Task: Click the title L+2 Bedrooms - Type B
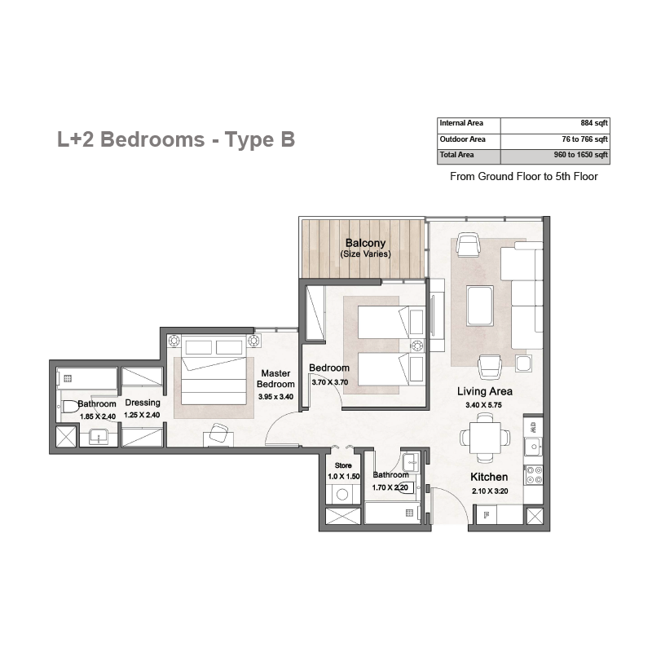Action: tap(176, 139)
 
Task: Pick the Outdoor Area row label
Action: tap(462, 139)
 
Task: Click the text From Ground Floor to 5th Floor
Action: tap(523, 176)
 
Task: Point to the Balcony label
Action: tap(365, 243)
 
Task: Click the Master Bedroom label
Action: tap(275, 379)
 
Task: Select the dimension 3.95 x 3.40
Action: tap(275, 397)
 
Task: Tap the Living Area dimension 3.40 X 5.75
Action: tap(483, 405)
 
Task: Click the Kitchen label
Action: tap(489, 477)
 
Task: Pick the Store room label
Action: tap(343, 465)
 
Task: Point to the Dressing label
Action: tap(143, 403)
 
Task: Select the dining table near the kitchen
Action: tap(485, 438)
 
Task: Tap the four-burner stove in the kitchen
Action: tap(535, 475)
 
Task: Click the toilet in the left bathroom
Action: tap(70, 406)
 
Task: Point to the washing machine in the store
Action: tap(342, 495)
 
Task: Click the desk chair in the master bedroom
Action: tap(218, 433)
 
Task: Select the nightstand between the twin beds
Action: tap(417, 346)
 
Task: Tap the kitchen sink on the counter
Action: tap(533, 447)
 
